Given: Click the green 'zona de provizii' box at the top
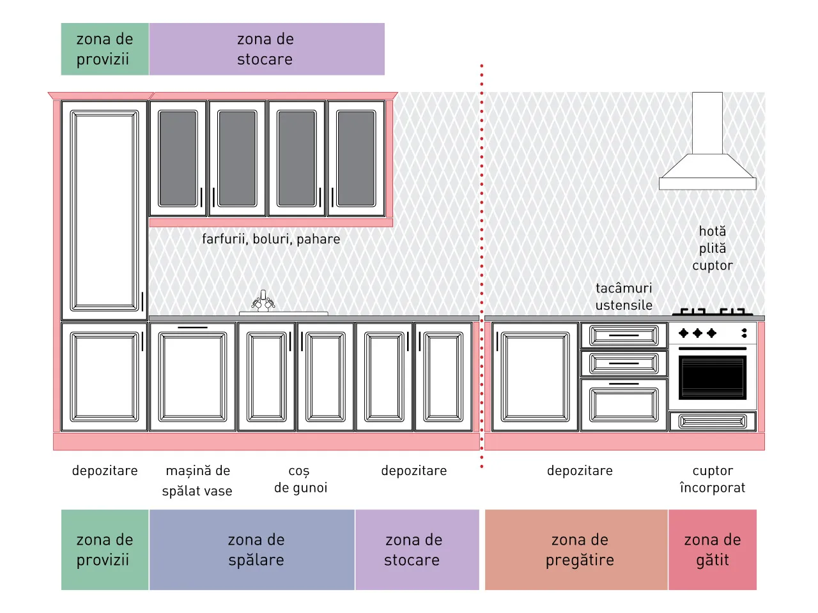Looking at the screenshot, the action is point(105,49).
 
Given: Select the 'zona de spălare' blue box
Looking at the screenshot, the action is point(252,549).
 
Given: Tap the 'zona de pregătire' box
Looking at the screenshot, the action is point(576,549).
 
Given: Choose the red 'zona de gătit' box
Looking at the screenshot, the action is point(713,549).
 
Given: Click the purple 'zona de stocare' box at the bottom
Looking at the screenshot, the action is point(417,549).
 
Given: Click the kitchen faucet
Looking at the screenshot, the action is point(263,301).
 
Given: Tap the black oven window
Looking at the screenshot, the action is point(713,377).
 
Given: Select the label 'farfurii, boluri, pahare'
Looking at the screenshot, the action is point(271,239).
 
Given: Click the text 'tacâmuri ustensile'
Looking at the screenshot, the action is point(624,296).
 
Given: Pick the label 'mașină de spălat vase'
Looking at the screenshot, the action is point(197,480).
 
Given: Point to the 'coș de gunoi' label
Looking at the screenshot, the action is point(300,480).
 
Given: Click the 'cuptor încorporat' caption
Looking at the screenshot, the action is point(713,479).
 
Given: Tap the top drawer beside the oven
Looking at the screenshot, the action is point(624,335).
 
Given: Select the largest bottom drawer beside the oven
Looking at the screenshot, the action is point(624,405).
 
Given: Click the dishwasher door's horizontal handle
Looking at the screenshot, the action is point(192,328).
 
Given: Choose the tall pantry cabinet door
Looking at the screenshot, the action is point(104,210).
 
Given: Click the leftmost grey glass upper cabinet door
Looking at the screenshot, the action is point(178,158).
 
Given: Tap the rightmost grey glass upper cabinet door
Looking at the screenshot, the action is point(356,158).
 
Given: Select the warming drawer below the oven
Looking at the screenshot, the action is point(713,421).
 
